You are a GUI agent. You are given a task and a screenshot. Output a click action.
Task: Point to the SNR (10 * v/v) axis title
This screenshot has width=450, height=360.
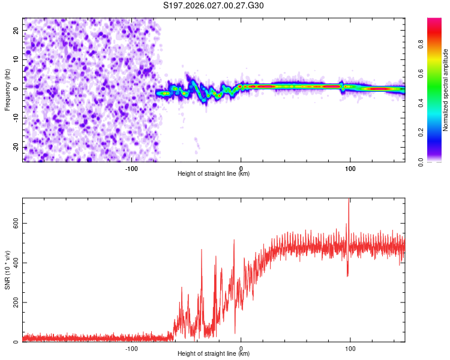8,270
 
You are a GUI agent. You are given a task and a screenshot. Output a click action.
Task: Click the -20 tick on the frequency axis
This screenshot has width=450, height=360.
14,147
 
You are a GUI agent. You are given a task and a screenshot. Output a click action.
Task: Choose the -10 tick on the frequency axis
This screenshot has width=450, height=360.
14,118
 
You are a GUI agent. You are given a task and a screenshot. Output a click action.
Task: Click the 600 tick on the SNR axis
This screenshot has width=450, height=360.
13,223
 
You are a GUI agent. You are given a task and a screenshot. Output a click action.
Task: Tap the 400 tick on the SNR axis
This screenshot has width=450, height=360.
13,262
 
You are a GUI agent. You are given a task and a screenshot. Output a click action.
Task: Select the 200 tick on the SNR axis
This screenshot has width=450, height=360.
13,302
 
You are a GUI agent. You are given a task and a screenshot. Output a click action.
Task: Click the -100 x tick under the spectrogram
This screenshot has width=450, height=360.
131,167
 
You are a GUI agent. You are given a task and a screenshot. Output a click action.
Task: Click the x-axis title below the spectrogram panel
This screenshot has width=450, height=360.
214,174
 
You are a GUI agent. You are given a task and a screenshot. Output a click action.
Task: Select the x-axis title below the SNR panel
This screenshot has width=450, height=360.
214,354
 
